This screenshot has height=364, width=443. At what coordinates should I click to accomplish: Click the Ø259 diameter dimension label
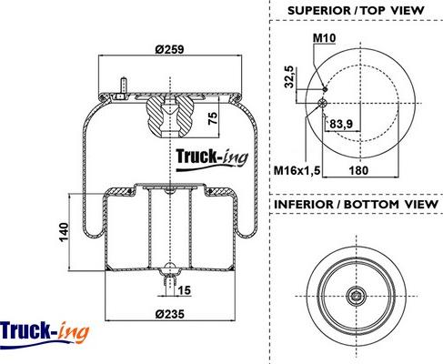[x=169, y=49]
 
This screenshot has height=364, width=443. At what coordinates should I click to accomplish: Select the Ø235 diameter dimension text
[x=170, y=314]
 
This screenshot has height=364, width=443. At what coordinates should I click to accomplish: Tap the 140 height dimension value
[x=64, y=232]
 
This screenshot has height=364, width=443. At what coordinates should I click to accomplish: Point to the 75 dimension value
[x=213, y=118]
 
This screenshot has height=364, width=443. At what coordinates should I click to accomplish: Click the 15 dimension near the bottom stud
[x=184, y=290]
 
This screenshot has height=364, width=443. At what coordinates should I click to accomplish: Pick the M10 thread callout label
[x=324, y=38]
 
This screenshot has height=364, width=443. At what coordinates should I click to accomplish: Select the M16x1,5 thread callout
[x=297, y=170]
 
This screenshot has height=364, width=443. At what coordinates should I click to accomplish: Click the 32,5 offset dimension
[x=289, y=76]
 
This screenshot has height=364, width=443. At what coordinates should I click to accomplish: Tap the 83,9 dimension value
[x=341, y=124]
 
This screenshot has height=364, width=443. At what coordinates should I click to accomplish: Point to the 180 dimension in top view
[x=358, y=170]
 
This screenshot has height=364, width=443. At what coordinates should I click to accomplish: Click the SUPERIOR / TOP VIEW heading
[x=356, y=11]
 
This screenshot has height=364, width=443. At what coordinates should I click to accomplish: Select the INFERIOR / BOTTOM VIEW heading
[x=356, y=204]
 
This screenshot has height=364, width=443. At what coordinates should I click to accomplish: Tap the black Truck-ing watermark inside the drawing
[x=212, y=158]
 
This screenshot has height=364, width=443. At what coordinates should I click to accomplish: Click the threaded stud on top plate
[x=124, y=88]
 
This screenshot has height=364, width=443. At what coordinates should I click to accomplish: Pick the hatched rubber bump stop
[x=169, y=117]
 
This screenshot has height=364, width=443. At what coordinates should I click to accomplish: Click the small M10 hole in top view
[x=325, y=89]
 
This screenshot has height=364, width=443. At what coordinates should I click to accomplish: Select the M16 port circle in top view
[x=322, y=103]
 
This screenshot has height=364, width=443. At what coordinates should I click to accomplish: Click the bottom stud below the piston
[x=170, y=284]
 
